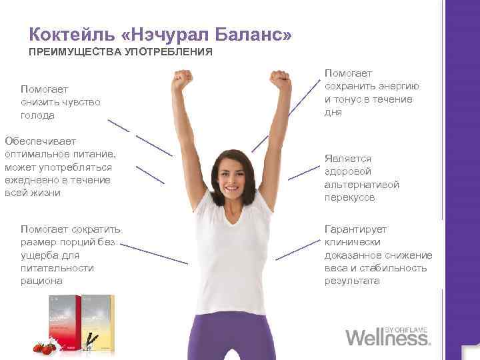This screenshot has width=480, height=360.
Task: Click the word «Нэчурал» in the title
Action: [x=167, y=34]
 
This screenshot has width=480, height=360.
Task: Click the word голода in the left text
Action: [x=37, y=115]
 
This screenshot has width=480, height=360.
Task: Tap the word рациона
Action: [x=41, y=281]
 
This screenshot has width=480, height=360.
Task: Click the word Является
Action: [x=347, y=158]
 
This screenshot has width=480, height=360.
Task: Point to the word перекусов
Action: [x=349, y=198]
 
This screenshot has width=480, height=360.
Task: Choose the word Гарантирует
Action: [x=355, y=229]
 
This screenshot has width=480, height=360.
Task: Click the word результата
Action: [x=352, y=281]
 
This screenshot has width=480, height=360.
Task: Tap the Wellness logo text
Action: [x=387, y=336]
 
